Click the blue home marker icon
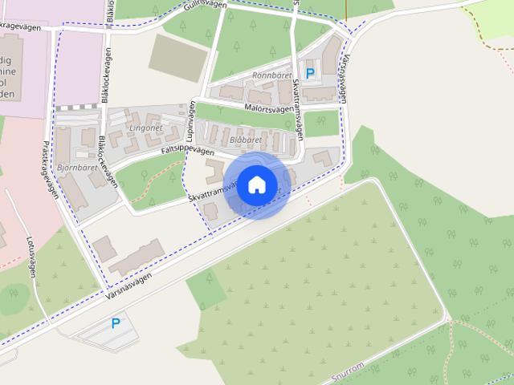[x=256, y=184]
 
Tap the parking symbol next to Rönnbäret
[x=310, y=73]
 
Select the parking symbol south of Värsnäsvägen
[x=116, y=324]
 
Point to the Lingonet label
[x=145, y=128]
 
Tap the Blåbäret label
[x=246, y=140]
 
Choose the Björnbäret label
[x=77, y=168]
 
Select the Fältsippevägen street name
[x=187, y=151]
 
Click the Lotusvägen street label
[x=31, y=256]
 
